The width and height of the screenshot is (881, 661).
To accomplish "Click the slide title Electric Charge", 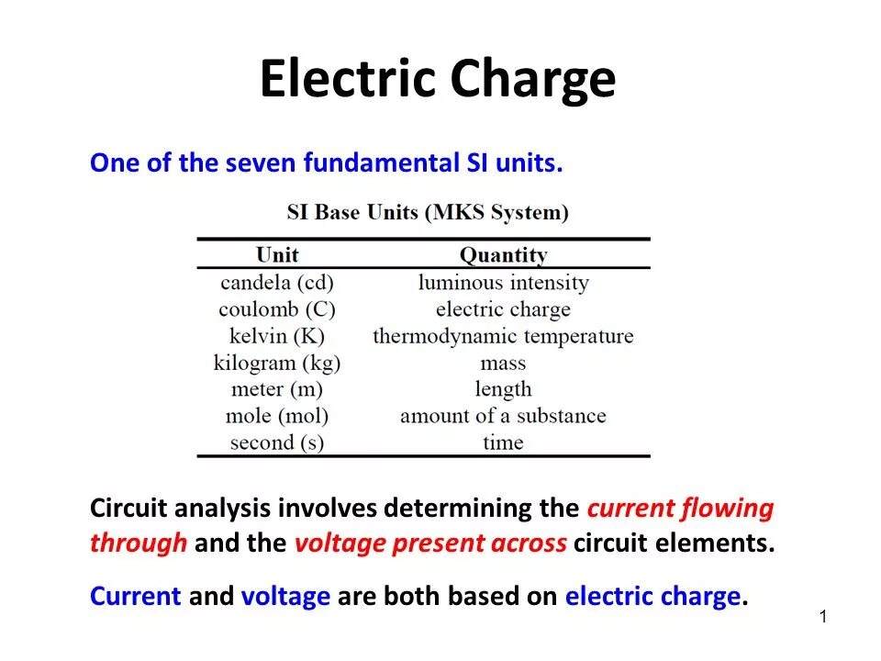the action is pyautogui.click(x=437, y=79).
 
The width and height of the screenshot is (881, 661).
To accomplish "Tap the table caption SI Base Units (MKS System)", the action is pyautogui.click(x=428, y=213).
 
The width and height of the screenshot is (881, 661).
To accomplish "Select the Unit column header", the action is pyautogui.click(x=277, y=254).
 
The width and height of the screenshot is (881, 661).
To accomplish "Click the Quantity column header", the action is pyautogui.click(x=503, y=254).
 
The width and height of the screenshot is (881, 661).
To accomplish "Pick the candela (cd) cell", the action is pyautogui.click(x=277, y=283).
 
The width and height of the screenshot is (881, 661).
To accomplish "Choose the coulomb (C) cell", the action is pyautogui.click(x=277, y=309).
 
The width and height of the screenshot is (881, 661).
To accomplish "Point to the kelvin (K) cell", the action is pyautogui.click(x=277, y=336).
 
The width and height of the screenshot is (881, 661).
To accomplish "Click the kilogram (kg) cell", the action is pyautogui.click(x=277, y=363).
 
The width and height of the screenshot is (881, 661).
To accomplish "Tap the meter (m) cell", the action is pyautogui.click(x=277, y=389).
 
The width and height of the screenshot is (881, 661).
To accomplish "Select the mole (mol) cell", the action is pyautogui.click(x=277, y=416).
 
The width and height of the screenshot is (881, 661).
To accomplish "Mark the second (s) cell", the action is pyautogui.click(x=277, y=443).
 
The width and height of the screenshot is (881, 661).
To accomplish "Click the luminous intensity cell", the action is pyautogui.click(x=503, y=283).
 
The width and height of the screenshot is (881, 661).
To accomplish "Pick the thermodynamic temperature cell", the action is pyautogui.click(x=503, y=336).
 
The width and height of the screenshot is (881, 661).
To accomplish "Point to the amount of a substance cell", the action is pyautogui.click(x=503, y=416).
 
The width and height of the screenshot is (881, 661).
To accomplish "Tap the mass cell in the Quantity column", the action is pyautogui.click(x=503, y=363).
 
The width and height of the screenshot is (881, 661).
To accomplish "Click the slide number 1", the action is pyautogui.click(x=823, y=617).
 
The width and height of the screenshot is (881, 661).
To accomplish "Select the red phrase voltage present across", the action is pyautogui.click(x=430, y=543).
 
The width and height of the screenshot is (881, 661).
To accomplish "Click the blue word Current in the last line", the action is pyautogui.click(x=135, y=597).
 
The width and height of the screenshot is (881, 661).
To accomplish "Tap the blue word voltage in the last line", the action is pyautogui.click(x=285, y=597).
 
